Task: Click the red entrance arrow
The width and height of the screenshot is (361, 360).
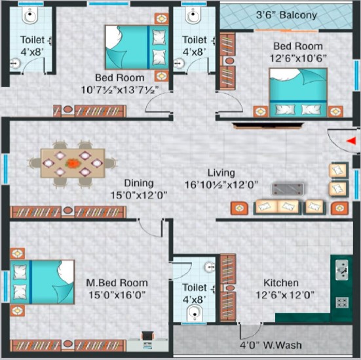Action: coord(351,141)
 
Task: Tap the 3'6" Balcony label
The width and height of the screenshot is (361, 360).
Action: coord(286,15)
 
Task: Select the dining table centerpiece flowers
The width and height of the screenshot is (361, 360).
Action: coord(73,163)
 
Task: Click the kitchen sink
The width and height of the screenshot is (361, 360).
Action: coord(341,270)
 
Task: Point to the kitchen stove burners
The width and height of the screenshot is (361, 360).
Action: coord(341,302)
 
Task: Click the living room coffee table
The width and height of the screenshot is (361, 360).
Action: coord(288,190)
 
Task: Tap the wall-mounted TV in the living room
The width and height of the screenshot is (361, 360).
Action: coord(268,126)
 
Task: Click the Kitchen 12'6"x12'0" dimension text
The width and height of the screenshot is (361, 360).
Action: coord(285,295)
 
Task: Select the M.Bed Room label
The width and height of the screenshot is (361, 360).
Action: coord(117,283)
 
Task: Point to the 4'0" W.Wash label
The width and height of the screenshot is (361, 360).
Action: coord(271,345)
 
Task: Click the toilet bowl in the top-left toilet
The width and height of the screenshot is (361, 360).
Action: coord(30,15)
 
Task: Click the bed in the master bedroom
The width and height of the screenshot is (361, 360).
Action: coord(43,282)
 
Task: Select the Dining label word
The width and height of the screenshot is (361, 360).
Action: coord(139,183)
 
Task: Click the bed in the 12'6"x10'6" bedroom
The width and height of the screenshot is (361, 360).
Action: coord(298,92)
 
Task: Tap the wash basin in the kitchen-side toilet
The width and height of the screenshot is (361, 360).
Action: coord(210,267)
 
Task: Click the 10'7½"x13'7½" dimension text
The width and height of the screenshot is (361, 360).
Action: coord(120,90)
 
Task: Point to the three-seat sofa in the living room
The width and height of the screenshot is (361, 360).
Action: coord(276,207)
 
